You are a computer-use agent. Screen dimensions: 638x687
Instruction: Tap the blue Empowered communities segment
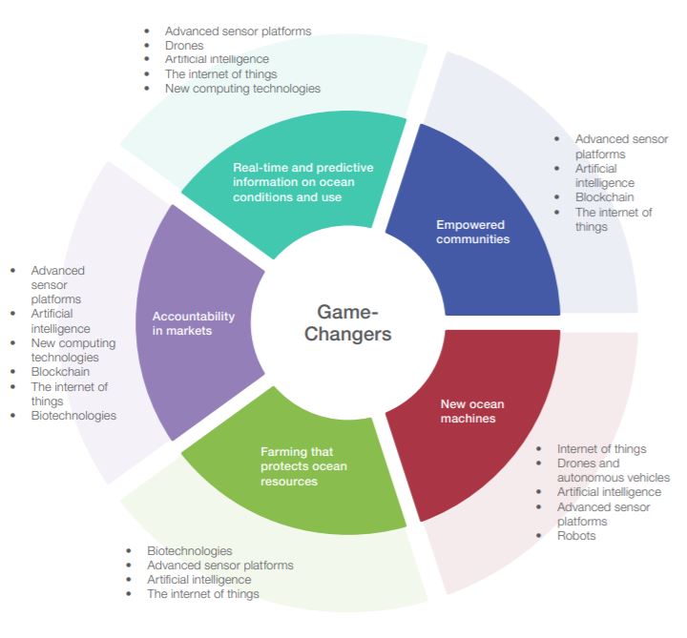[473, 232]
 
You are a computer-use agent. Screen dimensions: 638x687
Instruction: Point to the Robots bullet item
[576, 536]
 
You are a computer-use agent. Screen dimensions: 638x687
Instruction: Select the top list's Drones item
[183, 45]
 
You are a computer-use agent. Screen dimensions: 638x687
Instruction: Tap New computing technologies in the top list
[242, 88]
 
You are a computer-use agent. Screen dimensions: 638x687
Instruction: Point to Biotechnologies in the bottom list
[190, 550]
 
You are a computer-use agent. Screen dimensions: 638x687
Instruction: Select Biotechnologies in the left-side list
[73, 416]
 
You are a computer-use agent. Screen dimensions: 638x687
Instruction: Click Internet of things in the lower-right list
[601, 448]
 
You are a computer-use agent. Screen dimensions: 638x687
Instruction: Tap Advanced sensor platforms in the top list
[238, 31]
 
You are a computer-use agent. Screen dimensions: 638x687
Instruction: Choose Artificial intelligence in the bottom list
[199, 579]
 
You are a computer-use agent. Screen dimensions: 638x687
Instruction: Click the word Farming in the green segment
[283, 451]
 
